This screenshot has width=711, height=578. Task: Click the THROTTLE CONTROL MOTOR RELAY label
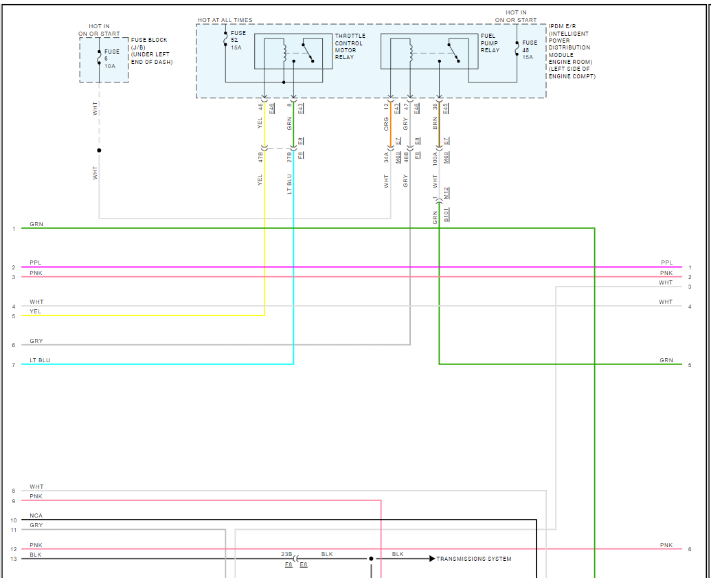(350, 47)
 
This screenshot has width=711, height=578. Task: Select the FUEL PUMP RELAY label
(490, 43)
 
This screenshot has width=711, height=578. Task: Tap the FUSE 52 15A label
(238, 40)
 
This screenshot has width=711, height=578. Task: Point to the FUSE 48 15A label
(529, 49)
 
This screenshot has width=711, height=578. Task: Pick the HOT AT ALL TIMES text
(225, 21)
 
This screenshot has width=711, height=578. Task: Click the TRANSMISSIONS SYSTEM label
(474, 559)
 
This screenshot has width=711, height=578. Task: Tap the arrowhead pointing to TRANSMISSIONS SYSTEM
(432, 559)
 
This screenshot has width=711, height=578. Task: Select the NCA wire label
(36, 515)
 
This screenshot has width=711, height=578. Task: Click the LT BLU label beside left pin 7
(40, 360)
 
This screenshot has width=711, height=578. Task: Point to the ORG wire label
(387, 124)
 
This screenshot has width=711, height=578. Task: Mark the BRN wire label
(436, 124)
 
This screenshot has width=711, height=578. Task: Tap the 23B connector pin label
(286, 554)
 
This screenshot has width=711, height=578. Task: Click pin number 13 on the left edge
(13, 559)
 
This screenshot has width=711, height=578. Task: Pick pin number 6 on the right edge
(690, 549)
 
